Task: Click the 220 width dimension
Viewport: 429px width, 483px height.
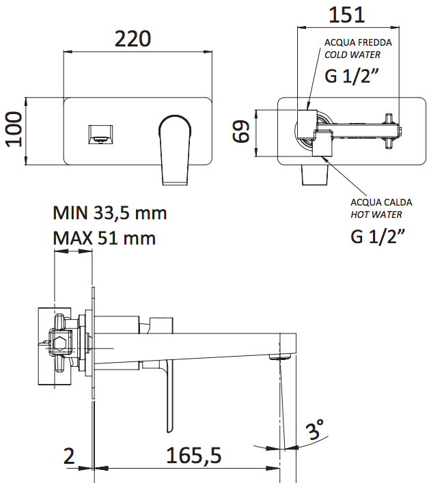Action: (133, 39)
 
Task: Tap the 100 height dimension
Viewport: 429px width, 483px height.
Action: (14, 129)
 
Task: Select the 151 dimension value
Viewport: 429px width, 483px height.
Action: (347, 15)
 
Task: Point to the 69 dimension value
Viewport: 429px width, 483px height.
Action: (240, 132)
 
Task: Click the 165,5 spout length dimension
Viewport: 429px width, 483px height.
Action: (194, 455)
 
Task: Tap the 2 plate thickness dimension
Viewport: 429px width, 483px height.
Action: (69, 456)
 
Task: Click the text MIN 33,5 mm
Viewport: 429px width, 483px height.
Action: (109, 213)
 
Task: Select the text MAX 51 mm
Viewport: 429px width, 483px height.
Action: (104, 238)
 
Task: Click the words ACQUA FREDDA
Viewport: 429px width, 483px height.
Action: (358, 42)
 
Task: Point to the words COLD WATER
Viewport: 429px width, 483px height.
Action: (352, 55)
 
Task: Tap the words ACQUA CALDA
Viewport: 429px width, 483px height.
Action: (381, 202)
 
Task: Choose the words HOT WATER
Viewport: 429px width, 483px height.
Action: (376, 215)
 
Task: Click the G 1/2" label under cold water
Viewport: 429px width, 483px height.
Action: (352, 76)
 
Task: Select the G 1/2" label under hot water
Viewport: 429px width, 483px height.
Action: (378, 236)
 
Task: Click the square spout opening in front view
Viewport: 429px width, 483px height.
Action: (100, 135)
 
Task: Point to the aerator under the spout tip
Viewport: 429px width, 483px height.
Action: (280, 357)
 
